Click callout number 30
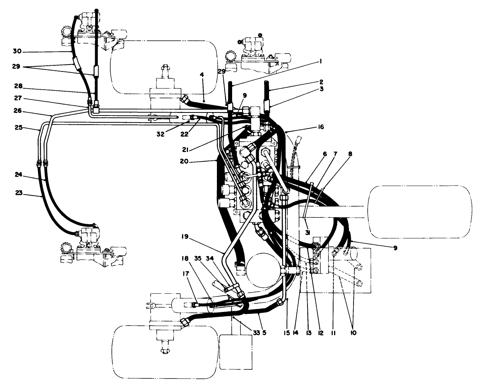coord(17,51)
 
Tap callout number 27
coord(17,98)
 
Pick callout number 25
coord(17,128)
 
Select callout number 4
coord(202,75)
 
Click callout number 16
coord(321,127)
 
